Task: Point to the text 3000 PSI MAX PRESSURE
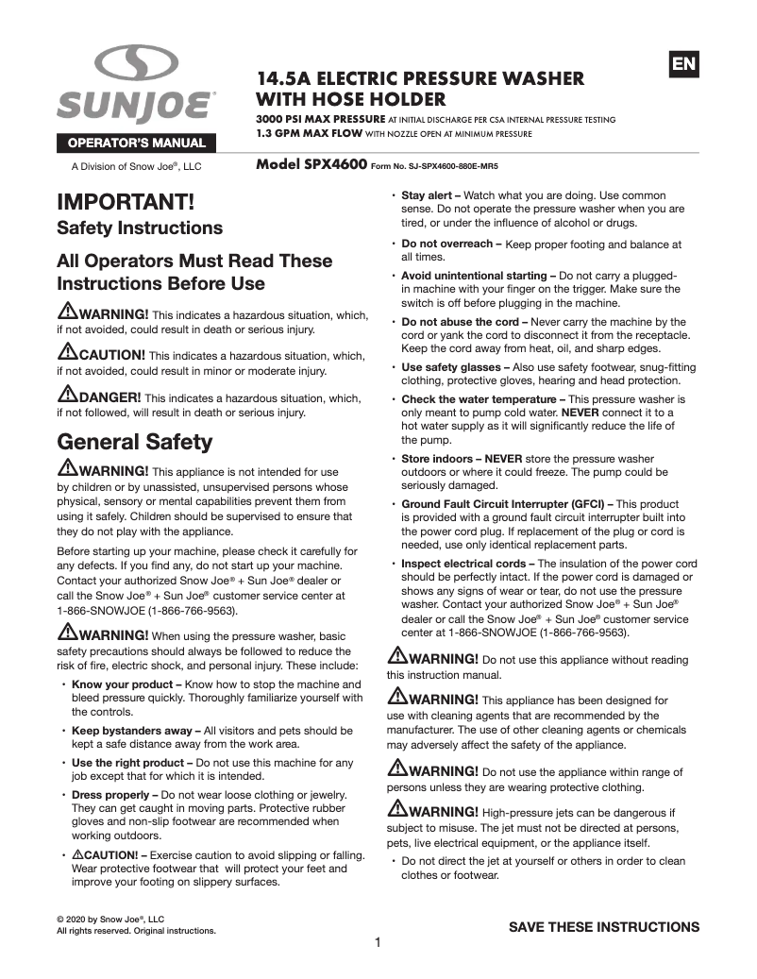pos(320,120)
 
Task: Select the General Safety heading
pos(135,442)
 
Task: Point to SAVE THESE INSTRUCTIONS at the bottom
pos(604,927)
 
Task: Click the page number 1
pos(378,942)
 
